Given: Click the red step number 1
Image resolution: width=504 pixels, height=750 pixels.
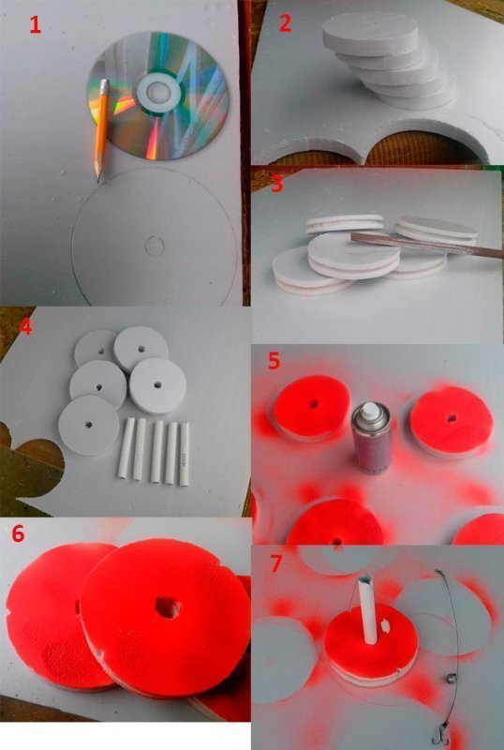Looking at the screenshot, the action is pyautogui.click(x=35, y=24).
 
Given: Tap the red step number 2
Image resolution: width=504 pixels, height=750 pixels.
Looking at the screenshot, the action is pyautogui.click(x=285, y=23).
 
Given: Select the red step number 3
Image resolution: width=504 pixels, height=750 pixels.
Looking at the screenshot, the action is pyautogui.click(x=277, y=184).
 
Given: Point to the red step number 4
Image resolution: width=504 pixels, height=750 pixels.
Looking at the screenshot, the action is pyautogui.click(x=25, y=327).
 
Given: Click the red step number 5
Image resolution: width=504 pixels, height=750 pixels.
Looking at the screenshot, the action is pyautogui.click(x=274, y=361).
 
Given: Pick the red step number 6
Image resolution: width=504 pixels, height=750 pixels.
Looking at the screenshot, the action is pyautogui.click(x=18, y=533).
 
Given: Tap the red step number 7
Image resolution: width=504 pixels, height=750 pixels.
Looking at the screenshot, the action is pyautogui.click(x=276, y=564).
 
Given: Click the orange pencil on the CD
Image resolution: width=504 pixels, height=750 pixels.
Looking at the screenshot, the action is pyautogui.click(x=102, y=130).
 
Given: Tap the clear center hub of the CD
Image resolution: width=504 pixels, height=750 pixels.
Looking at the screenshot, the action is pyautogui.click(x=156, y=90).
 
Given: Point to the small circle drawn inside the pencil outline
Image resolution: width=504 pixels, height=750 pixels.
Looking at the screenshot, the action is pyautogui.click(x=155, y=246).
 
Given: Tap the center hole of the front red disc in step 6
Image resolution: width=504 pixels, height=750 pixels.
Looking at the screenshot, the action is pyautogui.click(x=168, y=607).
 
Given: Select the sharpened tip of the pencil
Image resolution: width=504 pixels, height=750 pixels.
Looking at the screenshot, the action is pyautogui.click(x=99, y=180).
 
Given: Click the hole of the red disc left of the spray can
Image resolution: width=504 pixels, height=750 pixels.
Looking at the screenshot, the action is pyautogui.click(x=314, y=403).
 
